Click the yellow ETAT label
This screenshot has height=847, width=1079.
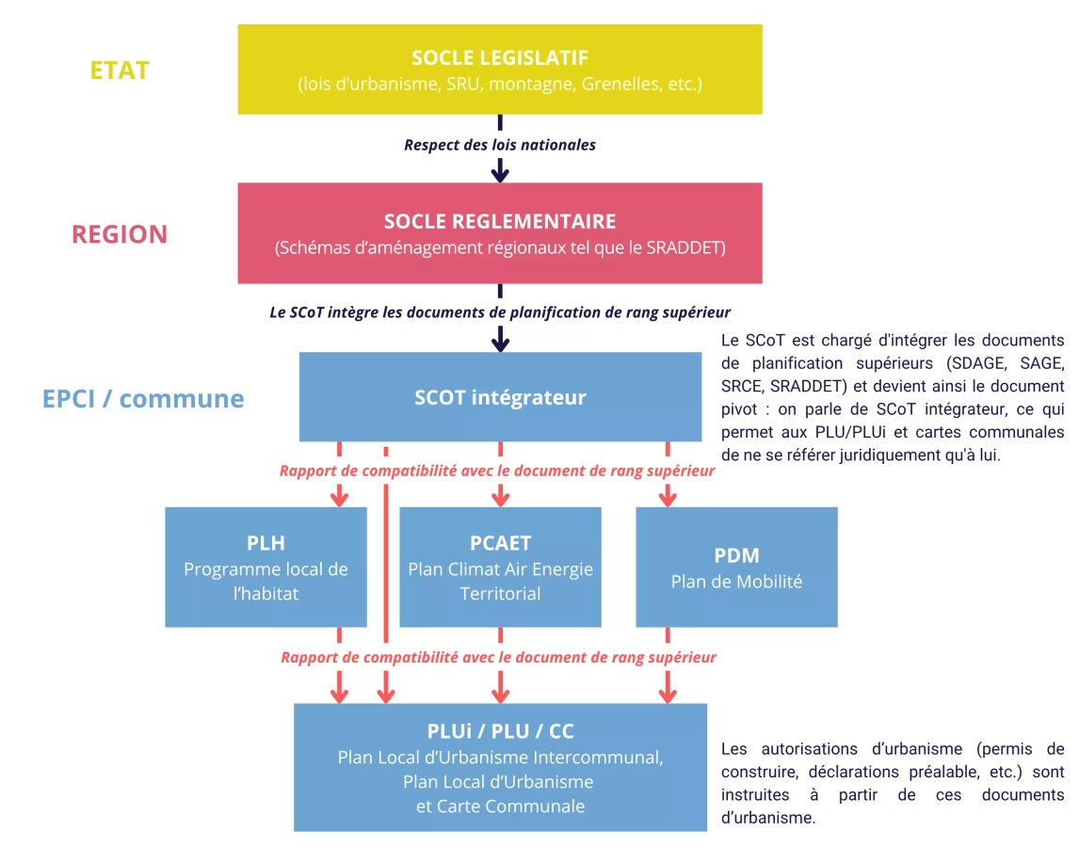(120, 71)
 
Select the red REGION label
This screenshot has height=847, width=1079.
(120, 234)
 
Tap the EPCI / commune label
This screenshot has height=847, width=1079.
(143, 398)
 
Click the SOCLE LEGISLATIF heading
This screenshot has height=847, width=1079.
(500, 58)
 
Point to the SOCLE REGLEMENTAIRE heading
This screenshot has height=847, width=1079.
(500, 222)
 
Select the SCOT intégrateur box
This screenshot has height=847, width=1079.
(500, 397)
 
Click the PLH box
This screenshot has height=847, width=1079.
(266, 567)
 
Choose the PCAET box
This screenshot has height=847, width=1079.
(500, 567)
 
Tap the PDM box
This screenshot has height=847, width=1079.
(736, 567)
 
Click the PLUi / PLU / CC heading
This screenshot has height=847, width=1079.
(500, 731)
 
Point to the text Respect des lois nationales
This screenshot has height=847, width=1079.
(500, 145)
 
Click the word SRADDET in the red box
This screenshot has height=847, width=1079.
(686, 249)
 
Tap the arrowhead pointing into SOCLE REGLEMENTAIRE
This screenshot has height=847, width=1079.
(500, 172)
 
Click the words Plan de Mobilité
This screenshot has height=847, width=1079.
(736, 582)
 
